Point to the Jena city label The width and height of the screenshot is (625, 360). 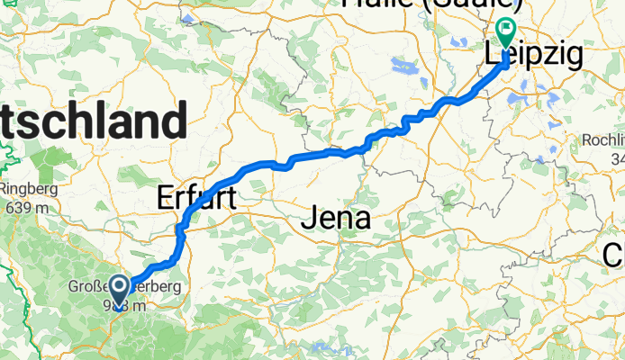coord(337,217)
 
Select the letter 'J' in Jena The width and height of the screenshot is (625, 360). coord(309,217)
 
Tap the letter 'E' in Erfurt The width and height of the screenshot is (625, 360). coord(167,197)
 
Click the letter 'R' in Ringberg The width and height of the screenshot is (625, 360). coord(5,189)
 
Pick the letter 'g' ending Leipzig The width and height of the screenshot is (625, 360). coord(573,57)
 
